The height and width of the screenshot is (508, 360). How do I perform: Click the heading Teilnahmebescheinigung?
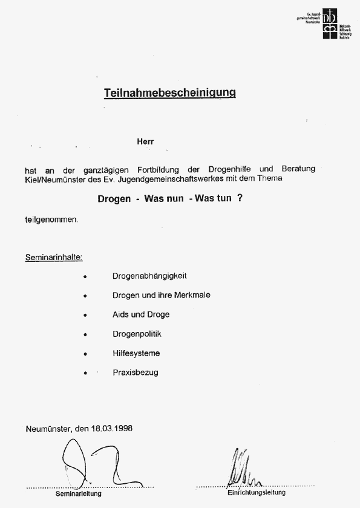coord(169,93)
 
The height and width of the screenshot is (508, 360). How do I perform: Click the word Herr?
coord(145,142)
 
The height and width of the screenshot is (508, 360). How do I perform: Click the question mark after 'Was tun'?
coord(240,198)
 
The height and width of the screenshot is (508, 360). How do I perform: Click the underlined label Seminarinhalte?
coord(54,258)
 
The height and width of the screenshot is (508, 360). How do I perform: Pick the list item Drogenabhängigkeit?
coord(149,276)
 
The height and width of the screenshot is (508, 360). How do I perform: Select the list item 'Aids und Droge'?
coord(141,314)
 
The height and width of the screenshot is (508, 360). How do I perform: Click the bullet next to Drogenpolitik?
coord(86,334)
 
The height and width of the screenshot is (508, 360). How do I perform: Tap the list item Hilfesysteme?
coord(136,353)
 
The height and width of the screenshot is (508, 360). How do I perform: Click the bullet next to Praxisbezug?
coord(86,373)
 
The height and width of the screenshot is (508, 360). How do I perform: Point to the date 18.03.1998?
coord(112,428)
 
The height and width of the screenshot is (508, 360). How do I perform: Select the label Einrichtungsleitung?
coord(256,493)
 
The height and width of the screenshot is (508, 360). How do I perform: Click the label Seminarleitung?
coord(79,493)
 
